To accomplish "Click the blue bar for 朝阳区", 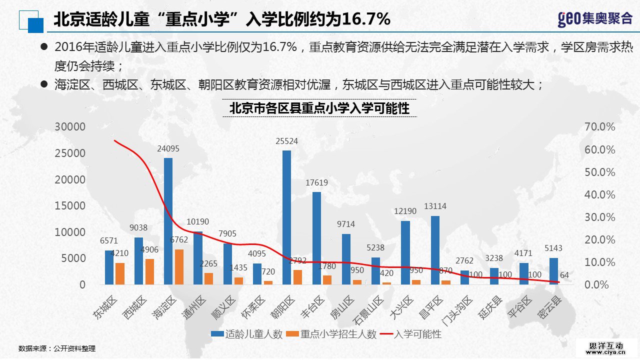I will point(286,217).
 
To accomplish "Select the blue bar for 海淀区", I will point(168,221).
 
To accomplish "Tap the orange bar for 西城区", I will point(149,271).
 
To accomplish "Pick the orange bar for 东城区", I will point(120,273).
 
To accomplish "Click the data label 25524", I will point(286,141).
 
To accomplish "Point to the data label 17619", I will point(316,183).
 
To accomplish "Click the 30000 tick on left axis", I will point(70,127).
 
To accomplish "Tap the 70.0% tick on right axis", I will point(599,127).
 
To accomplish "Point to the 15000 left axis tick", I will point(70,206).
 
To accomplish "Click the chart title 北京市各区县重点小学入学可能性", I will point(319,108).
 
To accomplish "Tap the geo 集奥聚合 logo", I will point(594,19).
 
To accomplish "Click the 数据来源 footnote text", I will point(56,348).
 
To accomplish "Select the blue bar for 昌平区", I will point(435,250).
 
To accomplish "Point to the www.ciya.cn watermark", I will point(606,351).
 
